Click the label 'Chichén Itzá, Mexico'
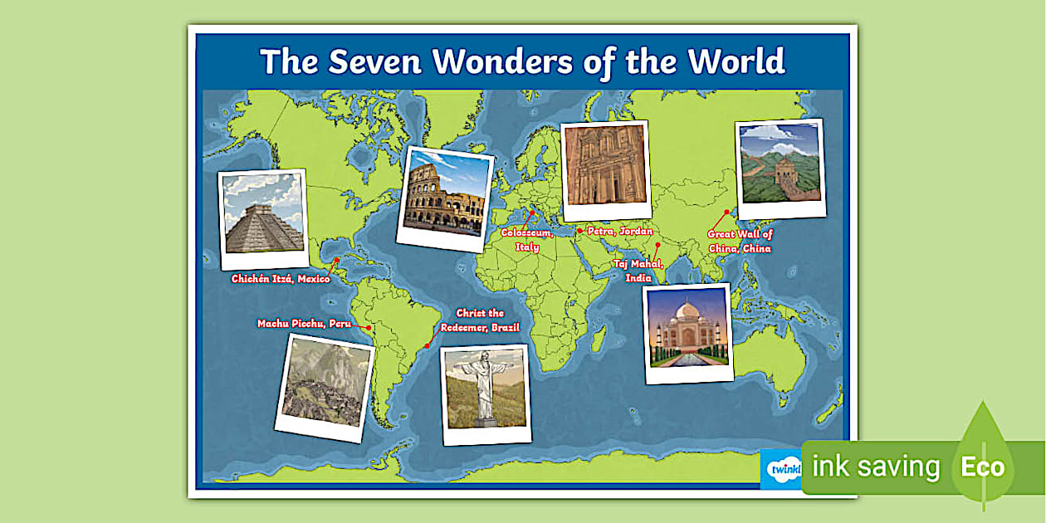click(280, 279)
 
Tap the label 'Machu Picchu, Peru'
click(304, 324)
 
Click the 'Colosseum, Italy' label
click(527, 240)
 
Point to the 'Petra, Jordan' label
click(619, 232)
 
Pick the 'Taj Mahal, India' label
click(638, 271)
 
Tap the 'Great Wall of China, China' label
click(740, 242)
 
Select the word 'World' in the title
click(736, 61)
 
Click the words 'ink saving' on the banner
click(876, 467)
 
